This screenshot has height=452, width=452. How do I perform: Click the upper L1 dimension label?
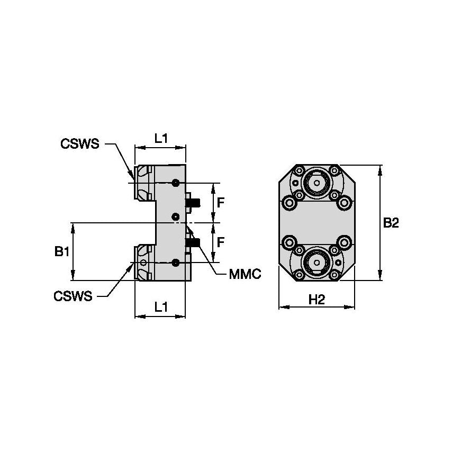161,138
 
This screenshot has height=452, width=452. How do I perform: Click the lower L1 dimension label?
161,306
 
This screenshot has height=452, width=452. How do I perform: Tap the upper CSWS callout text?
80,143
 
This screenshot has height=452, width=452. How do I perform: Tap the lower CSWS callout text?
73,296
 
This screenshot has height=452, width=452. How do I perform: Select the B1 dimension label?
62,252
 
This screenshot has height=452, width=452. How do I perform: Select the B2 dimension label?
391,223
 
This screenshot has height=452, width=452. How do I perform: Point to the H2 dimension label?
317,300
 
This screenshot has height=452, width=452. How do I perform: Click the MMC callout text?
245,275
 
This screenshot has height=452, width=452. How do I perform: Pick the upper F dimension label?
222,202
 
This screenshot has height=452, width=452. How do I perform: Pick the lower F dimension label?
222,242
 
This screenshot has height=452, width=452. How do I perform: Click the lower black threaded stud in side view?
194,243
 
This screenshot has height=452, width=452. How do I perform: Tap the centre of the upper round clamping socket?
317,184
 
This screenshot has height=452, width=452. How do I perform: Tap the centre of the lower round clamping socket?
317,262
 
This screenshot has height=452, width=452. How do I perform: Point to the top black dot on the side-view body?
176,183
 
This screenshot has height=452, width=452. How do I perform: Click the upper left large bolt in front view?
289,202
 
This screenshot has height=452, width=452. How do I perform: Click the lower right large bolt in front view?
345,243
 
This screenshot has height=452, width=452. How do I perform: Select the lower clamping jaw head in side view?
144,263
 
